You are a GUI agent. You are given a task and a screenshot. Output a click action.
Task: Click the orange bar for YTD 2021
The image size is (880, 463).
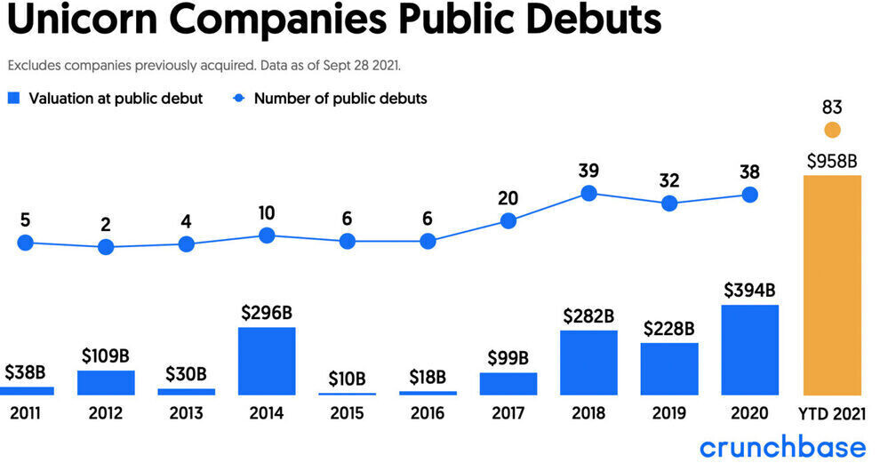pyautogui.click(x=832, y=284)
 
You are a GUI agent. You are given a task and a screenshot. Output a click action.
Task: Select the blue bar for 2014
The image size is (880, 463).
pyautogui.click(x=267, y=361)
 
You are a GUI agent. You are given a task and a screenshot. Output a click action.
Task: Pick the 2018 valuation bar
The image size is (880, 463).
pyautogui.click(x=588, y=363)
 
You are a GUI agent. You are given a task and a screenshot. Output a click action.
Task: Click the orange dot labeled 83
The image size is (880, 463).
pyautogui.click(x=832, y=131)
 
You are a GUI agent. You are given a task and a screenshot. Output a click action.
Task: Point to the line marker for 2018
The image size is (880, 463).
pyautogui.click(x=588, y=193)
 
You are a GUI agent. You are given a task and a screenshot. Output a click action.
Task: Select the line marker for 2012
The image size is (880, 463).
pyautogui.click(x=106, y=247)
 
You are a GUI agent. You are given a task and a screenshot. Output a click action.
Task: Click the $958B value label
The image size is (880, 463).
pyautogui.click(x=832, y=161)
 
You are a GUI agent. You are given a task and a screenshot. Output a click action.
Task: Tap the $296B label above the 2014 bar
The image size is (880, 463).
pyautogui.click(x=267, y=313)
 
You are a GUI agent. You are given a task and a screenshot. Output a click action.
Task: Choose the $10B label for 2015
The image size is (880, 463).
pyautogui.click(x=347, y=379)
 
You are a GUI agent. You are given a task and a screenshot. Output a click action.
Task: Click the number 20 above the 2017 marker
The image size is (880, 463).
pyautogui.click(x=508, y=197)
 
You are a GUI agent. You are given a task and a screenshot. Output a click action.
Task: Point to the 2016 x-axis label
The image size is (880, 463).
pyautogui.click(x=428, y=413)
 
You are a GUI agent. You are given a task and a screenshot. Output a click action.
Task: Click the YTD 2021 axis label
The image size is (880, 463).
pyautogui.click(x=832, y=413)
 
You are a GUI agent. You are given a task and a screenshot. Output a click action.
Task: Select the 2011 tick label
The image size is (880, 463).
pyautogui.click(x=25, y=413)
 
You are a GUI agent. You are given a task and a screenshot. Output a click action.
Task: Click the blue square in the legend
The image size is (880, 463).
pyautogui.click(x=13, y=99)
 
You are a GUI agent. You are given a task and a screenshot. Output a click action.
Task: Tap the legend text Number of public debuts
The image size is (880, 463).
pyautogui.click(x=340, y=99)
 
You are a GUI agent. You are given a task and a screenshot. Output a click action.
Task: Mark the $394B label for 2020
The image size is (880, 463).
pyautogui.click(x=750, y=291)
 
